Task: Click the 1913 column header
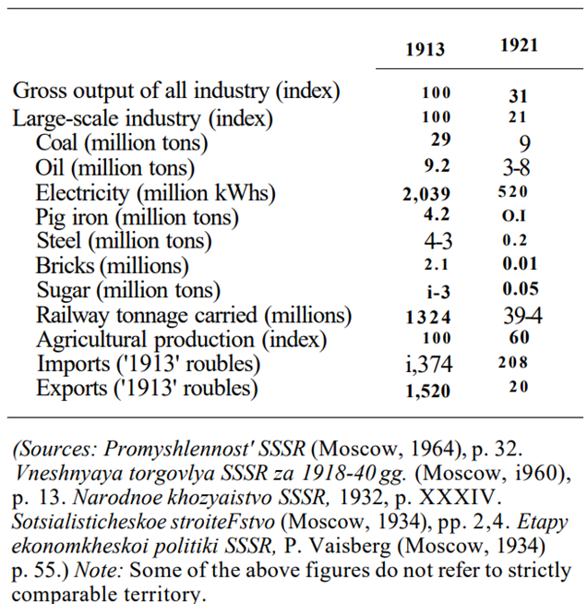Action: (x=425, y=50)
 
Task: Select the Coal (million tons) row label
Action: (x=122, y=143)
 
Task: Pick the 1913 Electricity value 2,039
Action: (x=425, y=193)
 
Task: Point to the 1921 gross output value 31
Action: (x=518, y=94)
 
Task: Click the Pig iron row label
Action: (x=138, y=218)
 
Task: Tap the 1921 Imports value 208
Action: (x=512, y=364)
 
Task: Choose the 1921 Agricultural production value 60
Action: (x=518, y=338)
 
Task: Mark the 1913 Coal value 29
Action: (x=440, y=140)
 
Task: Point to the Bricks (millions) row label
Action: (x=113, y=267)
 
